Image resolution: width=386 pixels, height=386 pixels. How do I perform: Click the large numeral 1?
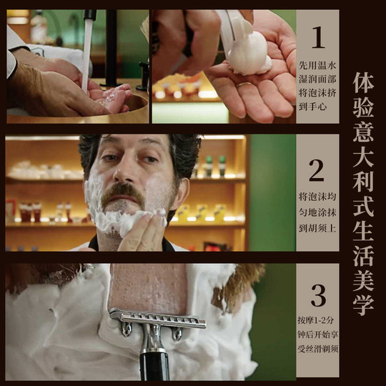point(317,37)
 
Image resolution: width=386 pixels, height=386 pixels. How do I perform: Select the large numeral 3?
point(317,295)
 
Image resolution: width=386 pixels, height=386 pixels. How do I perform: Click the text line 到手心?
point(317,105)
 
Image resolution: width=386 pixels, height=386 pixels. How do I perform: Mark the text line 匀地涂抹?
point(317,210)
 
